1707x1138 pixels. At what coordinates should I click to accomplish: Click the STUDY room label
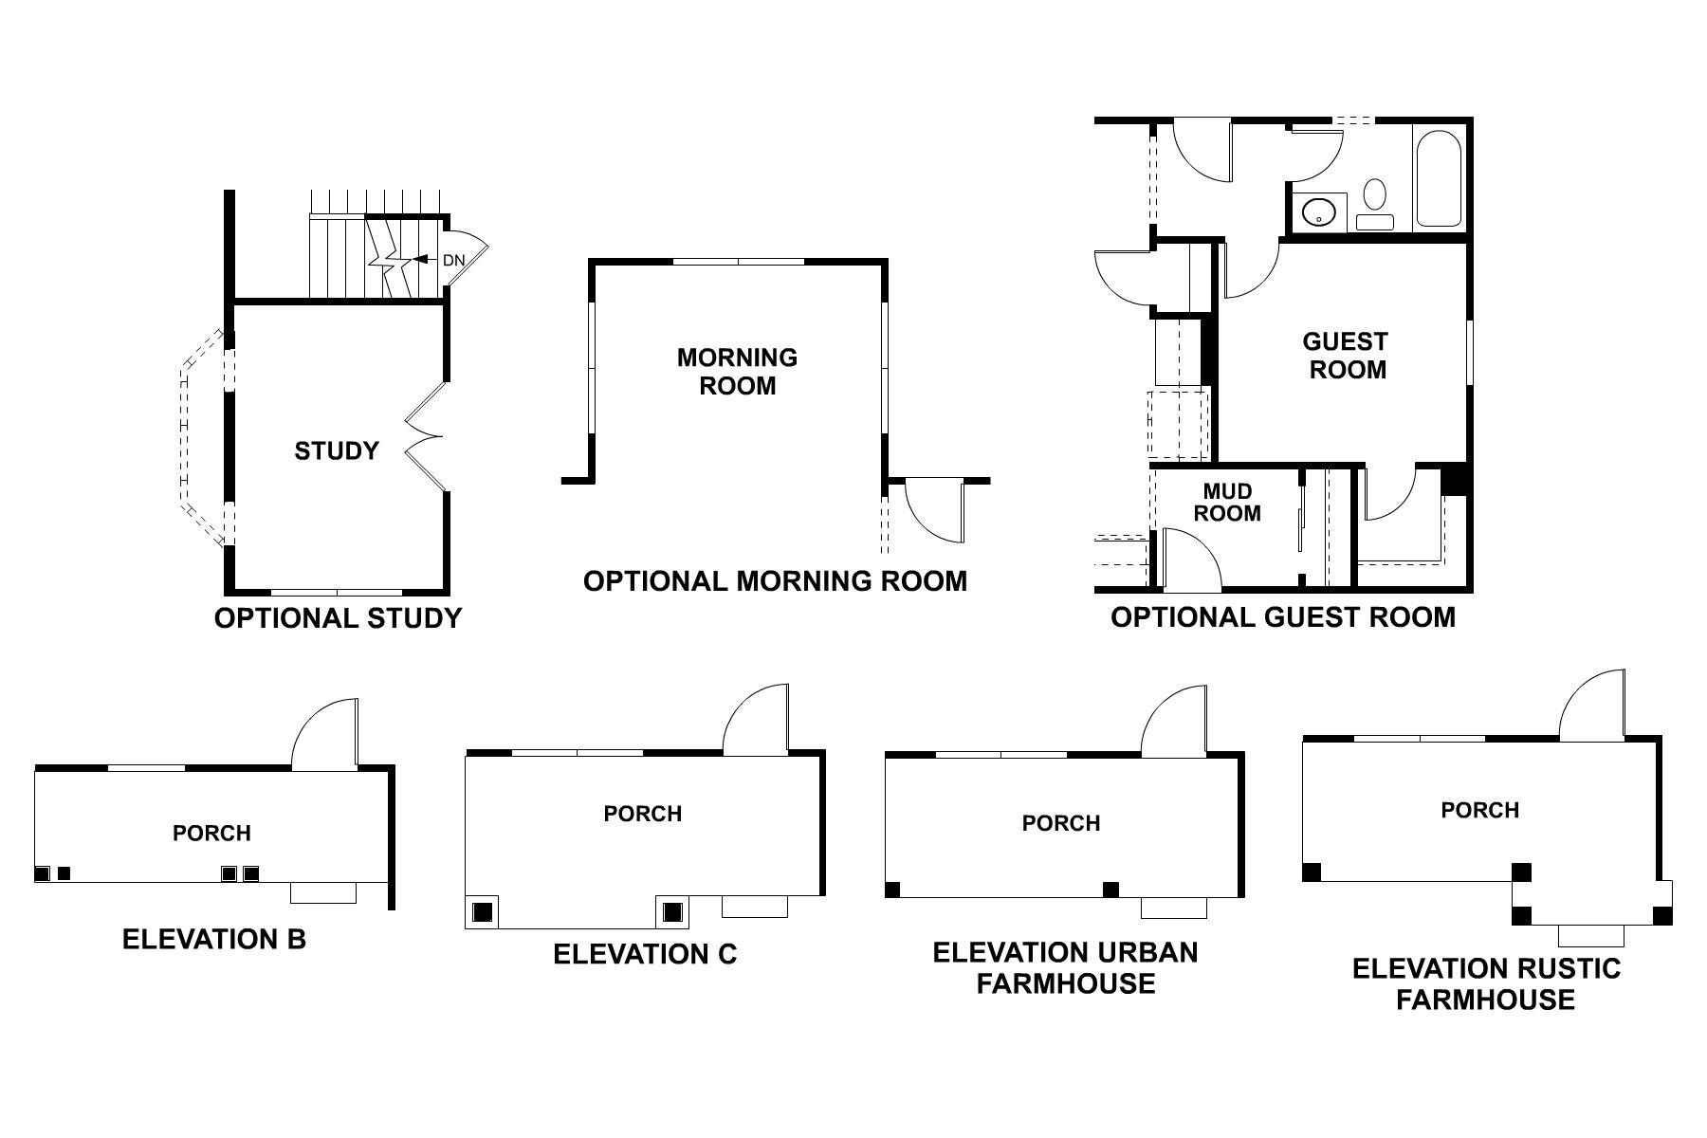click(x=337, y=450)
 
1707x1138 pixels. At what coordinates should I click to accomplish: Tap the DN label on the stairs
click(x=453, y=259)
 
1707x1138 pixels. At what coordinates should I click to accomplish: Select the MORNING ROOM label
click(x=737, y=372)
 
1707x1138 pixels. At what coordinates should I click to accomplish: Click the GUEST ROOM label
click(x=1346, y=356)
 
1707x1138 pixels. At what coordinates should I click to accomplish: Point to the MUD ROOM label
click(x=1227, y=503)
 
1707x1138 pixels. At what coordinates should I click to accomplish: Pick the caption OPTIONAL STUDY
click(x=338, y=618)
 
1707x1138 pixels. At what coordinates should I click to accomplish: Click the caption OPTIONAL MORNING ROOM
click(x=775, y=581)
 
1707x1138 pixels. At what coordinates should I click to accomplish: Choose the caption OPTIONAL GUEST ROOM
click(x=1282, y=617)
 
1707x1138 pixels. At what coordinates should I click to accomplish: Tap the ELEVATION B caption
click(x=214, y=940)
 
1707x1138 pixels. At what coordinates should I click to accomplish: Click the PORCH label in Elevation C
click(x=642, y=814)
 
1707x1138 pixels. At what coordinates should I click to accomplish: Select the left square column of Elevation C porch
click(x=483, y=912)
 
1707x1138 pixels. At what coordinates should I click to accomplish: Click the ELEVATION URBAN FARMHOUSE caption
click(x=1065, y=967)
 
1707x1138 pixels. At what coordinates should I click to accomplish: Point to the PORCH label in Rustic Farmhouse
click(x=1479, y=810)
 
